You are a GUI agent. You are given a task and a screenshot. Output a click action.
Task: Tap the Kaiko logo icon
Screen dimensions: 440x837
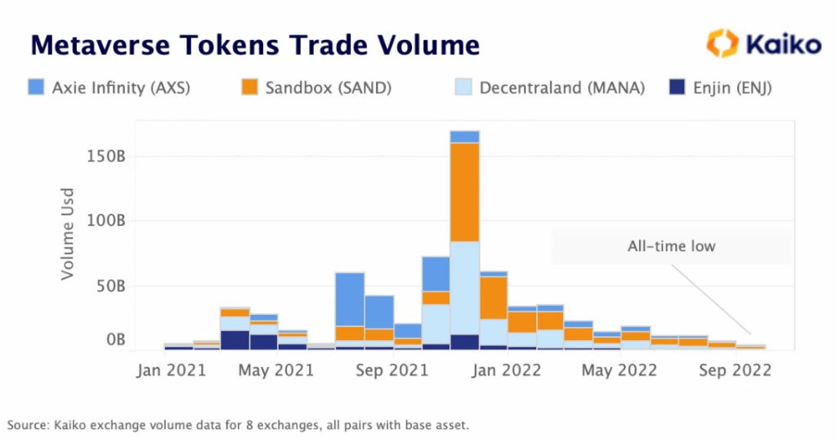click(722, 43)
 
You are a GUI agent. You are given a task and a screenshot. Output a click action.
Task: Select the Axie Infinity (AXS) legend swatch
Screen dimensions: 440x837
click(36, 87)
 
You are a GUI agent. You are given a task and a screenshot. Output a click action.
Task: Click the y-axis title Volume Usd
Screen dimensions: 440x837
click(69, 235)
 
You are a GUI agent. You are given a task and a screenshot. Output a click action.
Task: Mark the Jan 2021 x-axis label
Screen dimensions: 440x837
click(171, 370)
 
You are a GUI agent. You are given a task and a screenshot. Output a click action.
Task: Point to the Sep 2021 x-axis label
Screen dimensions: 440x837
click(392, 370)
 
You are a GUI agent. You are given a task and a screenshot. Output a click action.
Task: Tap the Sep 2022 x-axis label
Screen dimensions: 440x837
click(736, 370)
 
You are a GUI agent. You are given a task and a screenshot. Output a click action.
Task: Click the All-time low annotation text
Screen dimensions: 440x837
click(671, 246)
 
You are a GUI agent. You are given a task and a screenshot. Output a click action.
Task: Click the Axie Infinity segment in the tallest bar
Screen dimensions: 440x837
click(464, 137)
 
